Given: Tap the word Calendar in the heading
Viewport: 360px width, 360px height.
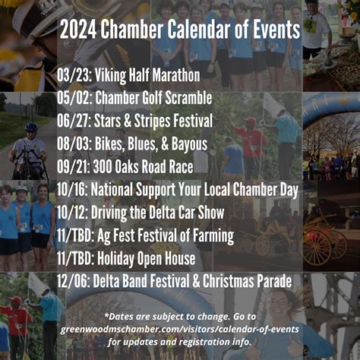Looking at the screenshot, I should pos(191,29).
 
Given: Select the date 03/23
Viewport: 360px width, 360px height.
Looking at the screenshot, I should pos(73,75).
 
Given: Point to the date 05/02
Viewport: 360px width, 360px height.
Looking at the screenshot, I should pos(73,98).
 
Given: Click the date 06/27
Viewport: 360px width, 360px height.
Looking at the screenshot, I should pos(73,121).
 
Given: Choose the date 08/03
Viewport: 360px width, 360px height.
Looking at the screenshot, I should pos(73,144).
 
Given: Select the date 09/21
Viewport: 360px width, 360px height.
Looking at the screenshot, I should pos(73,166).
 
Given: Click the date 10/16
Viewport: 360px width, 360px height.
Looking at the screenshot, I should pos(73,189).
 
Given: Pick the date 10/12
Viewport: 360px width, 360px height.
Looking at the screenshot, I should pos(73,212).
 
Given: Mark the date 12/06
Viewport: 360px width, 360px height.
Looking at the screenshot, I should pos(73,280).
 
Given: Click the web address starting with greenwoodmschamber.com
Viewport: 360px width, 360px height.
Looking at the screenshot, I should pos(179,329).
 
